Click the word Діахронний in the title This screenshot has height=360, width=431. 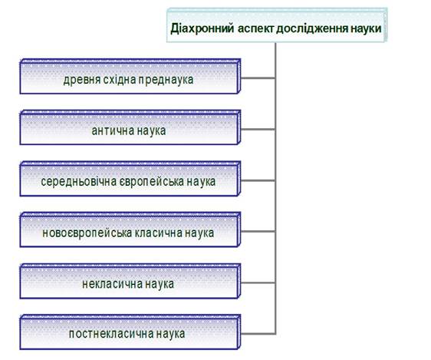coord(202,28)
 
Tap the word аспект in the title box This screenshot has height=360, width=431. coord(256,28)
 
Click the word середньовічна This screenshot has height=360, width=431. coord(79,182)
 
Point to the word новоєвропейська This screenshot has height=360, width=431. coord(87,233)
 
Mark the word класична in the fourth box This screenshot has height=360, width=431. coord(158,233)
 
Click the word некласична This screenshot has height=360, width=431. coord(112,284)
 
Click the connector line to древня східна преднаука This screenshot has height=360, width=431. coord(258,78)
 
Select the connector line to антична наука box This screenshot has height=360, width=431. coord(258,129)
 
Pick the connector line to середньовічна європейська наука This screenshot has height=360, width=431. coord(258,180)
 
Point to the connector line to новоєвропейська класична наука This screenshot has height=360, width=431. coord(258,232)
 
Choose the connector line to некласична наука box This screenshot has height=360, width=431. coord(258,282)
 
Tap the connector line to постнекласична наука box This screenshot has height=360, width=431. coord(258,334)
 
